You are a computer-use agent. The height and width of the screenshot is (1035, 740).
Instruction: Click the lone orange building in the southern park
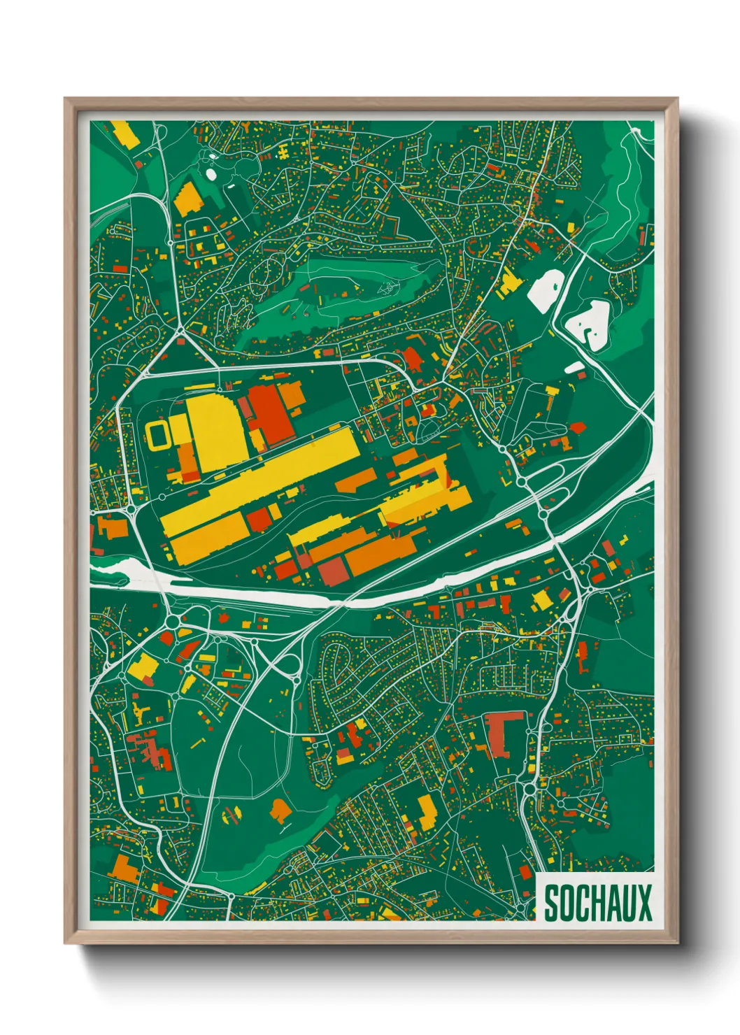click(x=280, y=810)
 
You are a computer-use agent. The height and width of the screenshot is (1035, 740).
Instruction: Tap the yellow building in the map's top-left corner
click(x=125, y=134)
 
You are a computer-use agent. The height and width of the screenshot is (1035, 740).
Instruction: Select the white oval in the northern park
click(x=211, y=174)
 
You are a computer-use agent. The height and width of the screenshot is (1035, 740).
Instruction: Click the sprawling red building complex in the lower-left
click(x=150, y=748)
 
